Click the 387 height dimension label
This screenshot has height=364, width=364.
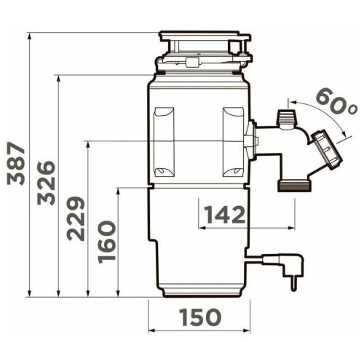(16, 164)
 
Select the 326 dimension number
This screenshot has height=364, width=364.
(46, 183)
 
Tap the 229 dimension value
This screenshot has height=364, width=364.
(76, 218)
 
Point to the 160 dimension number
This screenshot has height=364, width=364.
(106, 242)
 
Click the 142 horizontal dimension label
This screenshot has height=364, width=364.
(225, 215)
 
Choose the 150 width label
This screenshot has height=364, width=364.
(200, 317)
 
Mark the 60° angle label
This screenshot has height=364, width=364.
(337, 103)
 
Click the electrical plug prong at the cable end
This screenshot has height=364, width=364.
(294, 283)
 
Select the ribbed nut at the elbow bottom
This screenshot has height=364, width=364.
(294, 186)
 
